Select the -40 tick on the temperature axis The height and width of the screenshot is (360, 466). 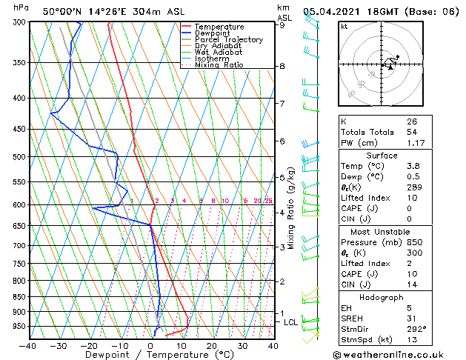[x=28, y=345]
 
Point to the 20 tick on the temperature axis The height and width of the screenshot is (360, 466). [x=212, y=345]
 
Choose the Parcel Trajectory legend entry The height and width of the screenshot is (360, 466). [x=228, y=40]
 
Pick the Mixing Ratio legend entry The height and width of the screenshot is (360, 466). [x=219, y=65]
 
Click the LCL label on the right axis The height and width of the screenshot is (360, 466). [x=291, y=322]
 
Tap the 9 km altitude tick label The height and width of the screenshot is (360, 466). [x=282, y=25]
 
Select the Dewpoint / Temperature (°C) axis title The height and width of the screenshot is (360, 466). [x=151, y=355]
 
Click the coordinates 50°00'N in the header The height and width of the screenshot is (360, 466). [x=61, y=11]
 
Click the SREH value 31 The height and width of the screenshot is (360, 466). [x=412, y=318]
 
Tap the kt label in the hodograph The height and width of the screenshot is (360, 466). [x=344, y=26]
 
